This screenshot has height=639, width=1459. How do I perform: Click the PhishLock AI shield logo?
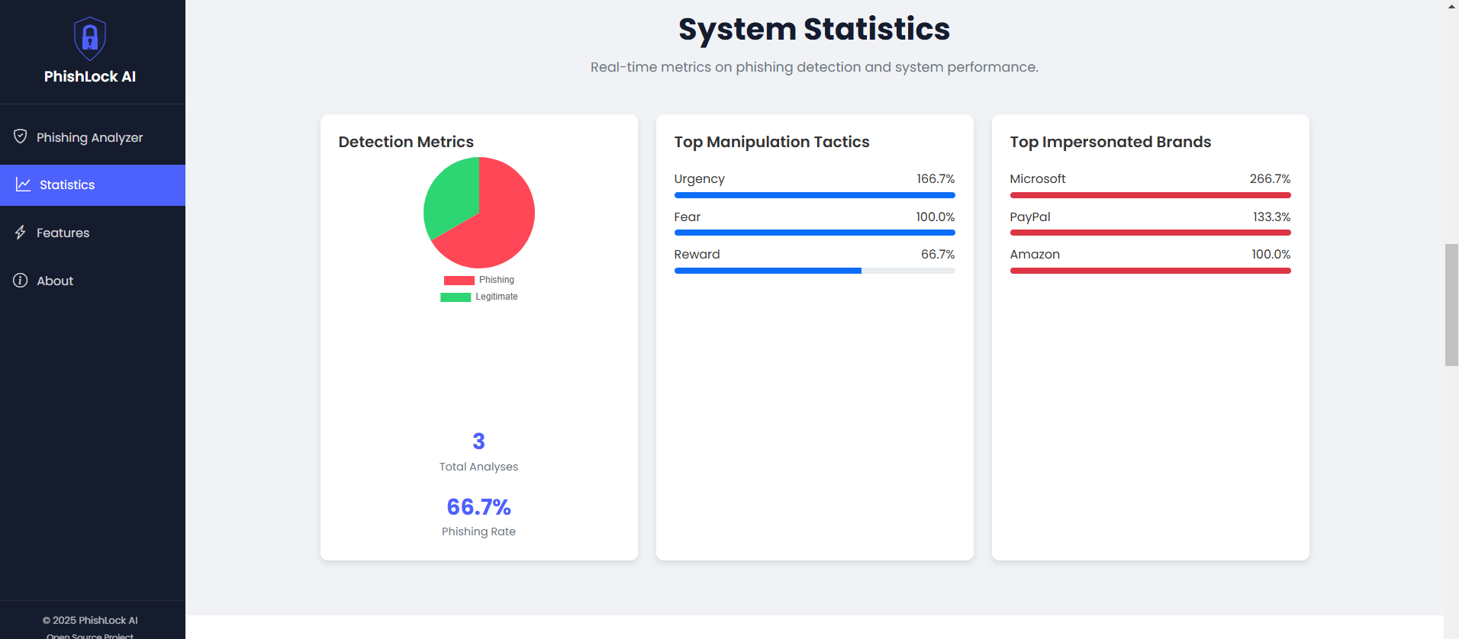(x=90, y=38)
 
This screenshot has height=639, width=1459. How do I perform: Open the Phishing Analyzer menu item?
(x=89, y=137)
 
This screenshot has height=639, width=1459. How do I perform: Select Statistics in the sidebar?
(x=67, y=185)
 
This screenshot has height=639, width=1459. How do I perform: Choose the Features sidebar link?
(x=63, y=233)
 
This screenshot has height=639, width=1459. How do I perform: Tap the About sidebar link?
(x=55, y=281)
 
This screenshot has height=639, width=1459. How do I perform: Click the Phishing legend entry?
(x=479, y=280)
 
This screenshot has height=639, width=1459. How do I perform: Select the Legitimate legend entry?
(x=479, y=297)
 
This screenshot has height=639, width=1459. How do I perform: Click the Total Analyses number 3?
(x=478, y=442)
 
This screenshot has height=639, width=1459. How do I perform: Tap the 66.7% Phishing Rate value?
(x=478, y=507)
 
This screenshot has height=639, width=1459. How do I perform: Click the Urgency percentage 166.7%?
(x=936, y=179)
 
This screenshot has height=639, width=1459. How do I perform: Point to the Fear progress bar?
(x=814, y=233)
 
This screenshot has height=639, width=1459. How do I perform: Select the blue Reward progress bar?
(x=768, y=271)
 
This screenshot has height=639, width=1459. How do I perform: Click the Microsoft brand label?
(x=1038, y=179)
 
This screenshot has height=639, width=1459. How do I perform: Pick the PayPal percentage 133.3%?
(x=1271, y=217)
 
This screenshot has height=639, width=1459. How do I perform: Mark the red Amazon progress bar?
(x=1150, y=271)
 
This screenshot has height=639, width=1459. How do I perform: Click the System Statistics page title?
(x=814, y=29)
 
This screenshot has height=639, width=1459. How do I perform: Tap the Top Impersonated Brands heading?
(x=1110, y=142)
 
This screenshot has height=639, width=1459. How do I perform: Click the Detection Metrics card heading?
(x=406, y=142)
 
